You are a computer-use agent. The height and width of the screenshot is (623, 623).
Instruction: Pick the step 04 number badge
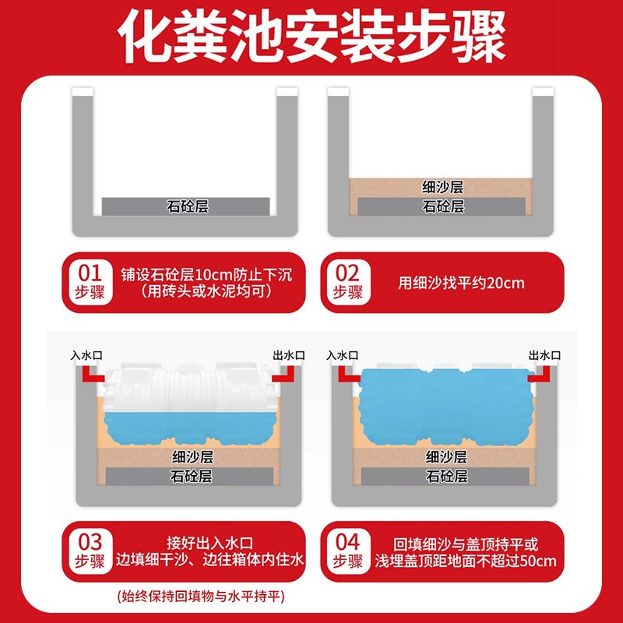coord(347,551)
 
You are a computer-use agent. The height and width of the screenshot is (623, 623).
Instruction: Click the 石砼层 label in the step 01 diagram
coord(187,206)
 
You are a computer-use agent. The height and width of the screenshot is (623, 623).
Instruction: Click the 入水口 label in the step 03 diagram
coord(86,355)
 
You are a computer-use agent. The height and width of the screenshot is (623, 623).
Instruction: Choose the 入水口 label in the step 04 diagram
coord(343,355)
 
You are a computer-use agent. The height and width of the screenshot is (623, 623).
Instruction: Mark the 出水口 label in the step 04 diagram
coord(544,355)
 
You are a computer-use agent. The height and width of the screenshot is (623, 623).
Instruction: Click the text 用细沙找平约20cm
coord(461,283)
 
